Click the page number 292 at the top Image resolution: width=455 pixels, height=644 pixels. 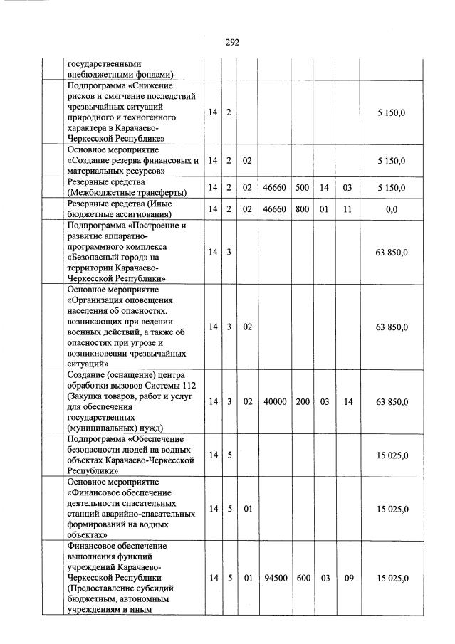pyautogui.click(x=232, y=42)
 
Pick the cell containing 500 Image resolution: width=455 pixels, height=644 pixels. pyautogui.click(x=303, y=187)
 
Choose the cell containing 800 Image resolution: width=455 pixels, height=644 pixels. pyautogui.click(x=303, y=208)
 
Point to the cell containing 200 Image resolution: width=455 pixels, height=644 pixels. pyautogui.click(x=303, y=402)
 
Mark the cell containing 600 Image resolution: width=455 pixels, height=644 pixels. pyautogui.click(x=303, y=579)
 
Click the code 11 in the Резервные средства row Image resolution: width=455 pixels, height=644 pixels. pyautogui.click(x=349, y=208)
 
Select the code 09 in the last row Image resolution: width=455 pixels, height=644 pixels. pyautogui.click(x=349, y=579)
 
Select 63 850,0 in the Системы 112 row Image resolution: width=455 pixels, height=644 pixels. pyautogui.click(x=392, y=402)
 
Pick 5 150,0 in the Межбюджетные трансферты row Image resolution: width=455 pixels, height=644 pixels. pyautogui.click(x=392, y=187)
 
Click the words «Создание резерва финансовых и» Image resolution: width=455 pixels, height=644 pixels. pyautogui.click(x=132, y=161)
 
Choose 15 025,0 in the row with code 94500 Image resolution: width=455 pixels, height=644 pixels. pyautogui.click(x=392, y=579)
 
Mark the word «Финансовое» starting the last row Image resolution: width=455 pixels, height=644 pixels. pyautogui.click(x=92, y=545)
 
